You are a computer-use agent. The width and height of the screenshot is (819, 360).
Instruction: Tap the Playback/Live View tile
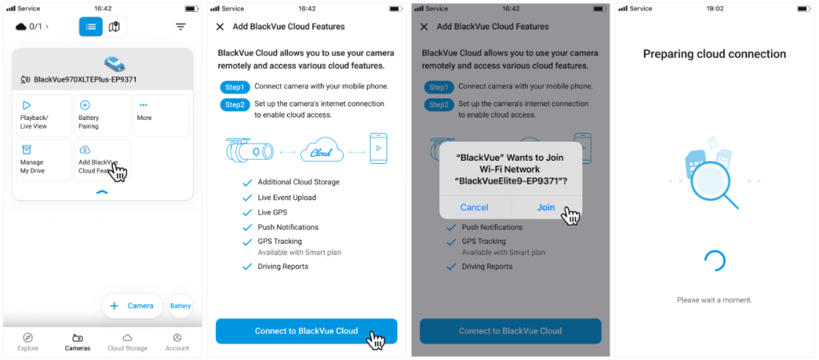click(x=44, y=116)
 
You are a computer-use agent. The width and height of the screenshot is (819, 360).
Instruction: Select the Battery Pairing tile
click(x=102, y=116)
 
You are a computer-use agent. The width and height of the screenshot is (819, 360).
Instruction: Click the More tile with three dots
click(x=161, y=116)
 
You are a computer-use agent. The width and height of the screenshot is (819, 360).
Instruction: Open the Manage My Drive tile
click(x=44, y=160)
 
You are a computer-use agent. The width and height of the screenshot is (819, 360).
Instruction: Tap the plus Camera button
click(x=132, y=306)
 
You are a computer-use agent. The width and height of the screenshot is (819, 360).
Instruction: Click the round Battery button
click(x=181, y=306)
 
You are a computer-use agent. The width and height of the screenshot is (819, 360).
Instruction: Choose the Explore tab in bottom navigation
click(x=28, y=342)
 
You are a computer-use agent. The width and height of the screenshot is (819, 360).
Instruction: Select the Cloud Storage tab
click(x=127, y=342)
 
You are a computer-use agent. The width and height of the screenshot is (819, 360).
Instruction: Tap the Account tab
click(x=177, y=342)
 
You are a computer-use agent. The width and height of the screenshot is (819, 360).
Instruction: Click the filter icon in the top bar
click(x=181, y=26)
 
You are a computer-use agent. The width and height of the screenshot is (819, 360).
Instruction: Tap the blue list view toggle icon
click(x=91, y=26)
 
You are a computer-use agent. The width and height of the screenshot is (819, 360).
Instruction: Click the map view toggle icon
click(x=114, y=26)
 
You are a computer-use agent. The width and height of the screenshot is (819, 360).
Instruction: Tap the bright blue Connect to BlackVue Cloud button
click(x=306, y=330)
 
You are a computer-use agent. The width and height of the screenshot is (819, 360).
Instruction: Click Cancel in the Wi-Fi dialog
click(x=474, y=207)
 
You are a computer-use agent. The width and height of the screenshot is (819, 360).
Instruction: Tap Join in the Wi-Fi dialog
click(x=546, y=207)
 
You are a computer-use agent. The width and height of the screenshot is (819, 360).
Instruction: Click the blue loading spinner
click(x=714, y=260)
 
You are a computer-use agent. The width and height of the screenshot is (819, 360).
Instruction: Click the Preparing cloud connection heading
click(x=714, y=54)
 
